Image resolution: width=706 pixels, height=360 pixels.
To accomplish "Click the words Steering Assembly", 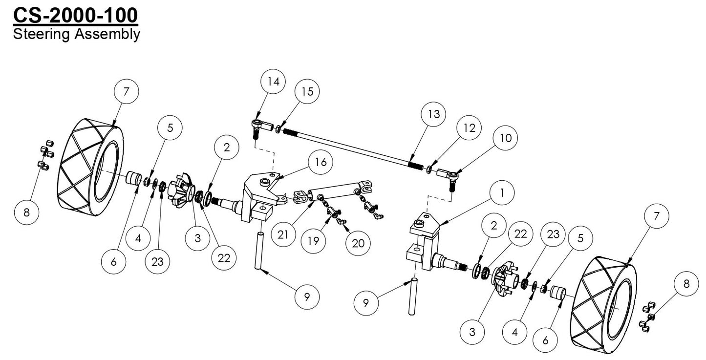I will [77, 34].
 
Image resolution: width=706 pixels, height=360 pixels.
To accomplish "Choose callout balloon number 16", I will [320, 162].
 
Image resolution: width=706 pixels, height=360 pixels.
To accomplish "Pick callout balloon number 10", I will [505, 139].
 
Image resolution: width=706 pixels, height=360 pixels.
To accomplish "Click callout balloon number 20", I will [358, 243].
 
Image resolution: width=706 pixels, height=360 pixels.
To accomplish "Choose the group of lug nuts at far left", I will [44, 155].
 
